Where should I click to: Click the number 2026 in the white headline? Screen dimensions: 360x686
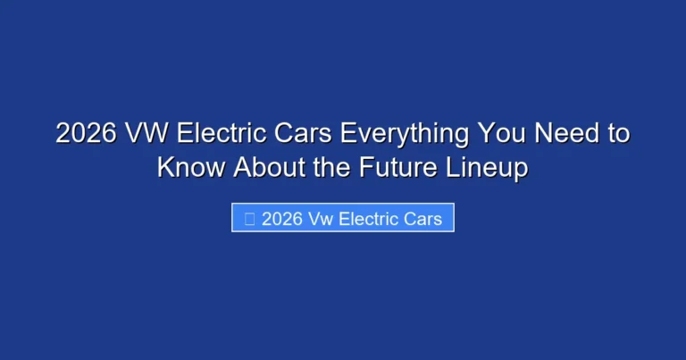point(85,134)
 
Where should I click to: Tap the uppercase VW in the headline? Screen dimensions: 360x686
point(146,134)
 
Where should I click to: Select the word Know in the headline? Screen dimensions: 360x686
point(189,166)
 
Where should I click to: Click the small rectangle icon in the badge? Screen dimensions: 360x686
point(247,219)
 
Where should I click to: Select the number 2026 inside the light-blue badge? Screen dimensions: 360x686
point(280,219)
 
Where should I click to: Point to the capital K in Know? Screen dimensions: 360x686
point(165,166)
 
